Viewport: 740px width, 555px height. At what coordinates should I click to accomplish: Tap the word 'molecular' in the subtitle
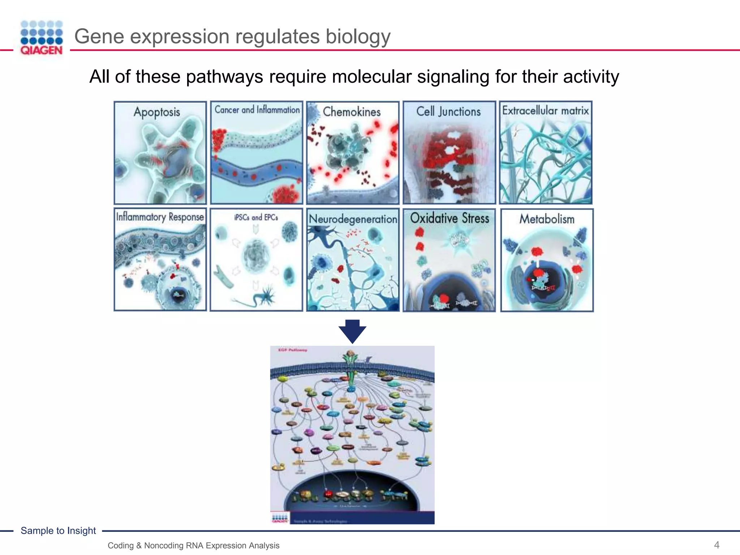click(x=371, y=77)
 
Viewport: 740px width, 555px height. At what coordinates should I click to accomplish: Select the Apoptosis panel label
click(x=157, y=112)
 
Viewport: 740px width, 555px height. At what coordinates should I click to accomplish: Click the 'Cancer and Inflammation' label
click(x=257, y=110)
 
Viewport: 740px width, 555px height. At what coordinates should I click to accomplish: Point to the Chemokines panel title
click(x=352, y=112)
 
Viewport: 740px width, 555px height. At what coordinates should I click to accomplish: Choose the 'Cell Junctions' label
click(x=448, y=111)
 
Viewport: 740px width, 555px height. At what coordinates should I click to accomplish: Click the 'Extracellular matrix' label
click(x=545, y=111)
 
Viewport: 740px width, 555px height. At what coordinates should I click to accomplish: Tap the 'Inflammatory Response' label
click(x=160, y=217)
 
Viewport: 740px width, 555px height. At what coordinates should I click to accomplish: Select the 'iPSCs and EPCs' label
click(x=256, y=218)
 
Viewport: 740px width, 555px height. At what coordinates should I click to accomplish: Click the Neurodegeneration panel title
click(x=353, y=219)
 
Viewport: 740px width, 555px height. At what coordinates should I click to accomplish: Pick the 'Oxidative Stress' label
click(x=449, y=218)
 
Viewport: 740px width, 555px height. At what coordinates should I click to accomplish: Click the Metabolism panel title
click(x=547, y=219)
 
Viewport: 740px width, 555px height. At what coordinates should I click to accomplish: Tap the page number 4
click(x=717, y=545)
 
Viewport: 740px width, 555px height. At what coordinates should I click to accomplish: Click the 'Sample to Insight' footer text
click(x=58, y=530)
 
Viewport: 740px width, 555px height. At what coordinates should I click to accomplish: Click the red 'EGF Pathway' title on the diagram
click(x=293, y=350)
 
